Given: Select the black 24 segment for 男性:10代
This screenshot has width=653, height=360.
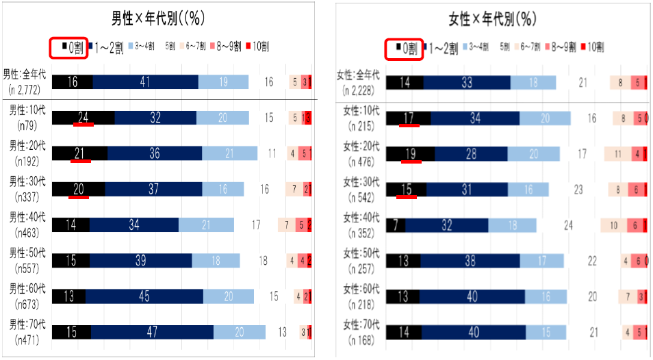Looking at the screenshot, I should pyautogui.click(x=83, y=117).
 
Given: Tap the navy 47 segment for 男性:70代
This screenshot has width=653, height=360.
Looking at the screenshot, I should pyautogui.click(x=152, y=332).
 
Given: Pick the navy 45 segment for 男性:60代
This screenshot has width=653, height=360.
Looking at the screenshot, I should pyautogui.click(x=144, y=296).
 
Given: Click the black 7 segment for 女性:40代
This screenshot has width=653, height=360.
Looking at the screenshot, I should pyautogui.click(x=396, y=225).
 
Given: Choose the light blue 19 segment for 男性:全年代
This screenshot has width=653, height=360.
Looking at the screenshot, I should pyautogui.click(x=223, y=82).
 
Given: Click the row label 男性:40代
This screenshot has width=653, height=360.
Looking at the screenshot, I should pyautogui.click(x=27, y=217).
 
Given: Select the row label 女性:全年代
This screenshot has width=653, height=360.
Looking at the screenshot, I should pyautogui.click(x=361, y=75).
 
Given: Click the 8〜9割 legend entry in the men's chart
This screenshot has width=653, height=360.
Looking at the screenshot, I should pyautogui.click(x=227, y=47).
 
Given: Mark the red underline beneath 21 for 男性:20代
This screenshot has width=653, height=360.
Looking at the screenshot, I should pyautogui.click(x=80, y=162).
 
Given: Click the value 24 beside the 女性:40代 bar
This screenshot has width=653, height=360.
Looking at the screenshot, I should pyautogui.click(x=567, y=225).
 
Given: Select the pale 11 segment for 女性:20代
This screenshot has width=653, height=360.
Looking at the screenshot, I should pyautogui.click(x=617, y=154).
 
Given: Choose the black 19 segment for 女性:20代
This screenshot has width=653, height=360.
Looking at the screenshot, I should pyautogui.click(x=410, y=153).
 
